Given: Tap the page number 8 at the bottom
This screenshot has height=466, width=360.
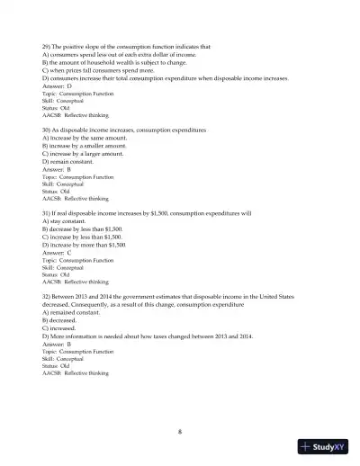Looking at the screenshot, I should coord(180,430).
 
